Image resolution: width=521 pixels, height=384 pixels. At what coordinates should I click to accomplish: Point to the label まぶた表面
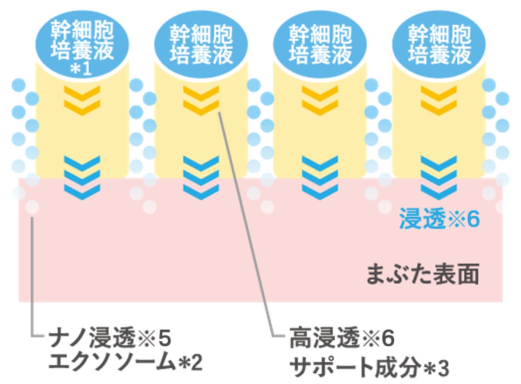pyautogui.click(x=422, y=275)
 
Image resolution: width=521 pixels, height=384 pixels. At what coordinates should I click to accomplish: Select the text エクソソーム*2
pyautogui.click(x=126, y=363)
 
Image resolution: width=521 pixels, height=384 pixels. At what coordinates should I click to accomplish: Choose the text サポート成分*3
pyautogui.click(x=369, y=368)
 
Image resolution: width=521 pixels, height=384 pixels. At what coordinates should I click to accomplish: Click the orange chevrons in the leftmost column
pyautogui.click(x=82, y=100)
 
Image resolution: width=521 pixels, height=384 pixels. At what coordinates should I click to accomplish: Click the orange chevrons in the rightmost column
pyautogui.click(x=439, y=100)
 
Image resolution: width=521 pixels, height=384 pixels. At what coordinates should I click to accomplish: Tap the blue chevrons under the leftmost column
pyautogui.click(x=82, y=177)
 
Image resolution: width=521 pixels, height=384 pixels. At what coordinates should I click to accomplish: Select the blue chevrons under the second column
pyautogui.click(x=201, y=177)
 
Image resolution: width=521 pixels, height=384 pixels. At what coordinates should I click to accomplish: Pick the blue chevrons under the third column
pyautogui.click(x=320, y=177)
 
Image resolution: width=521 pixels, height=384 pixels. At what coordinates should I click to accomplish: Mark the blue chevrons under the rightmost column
pyautogui.click(x=439, y=177)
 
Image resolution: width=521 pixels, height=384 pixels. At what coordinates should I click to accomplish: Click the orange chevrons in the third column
pyautogui.click(x=320, y=100)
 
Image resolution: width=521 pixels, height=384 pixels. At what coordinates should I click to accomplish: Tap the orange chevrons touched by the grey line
pyautogui.click(x=201, y=100)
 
